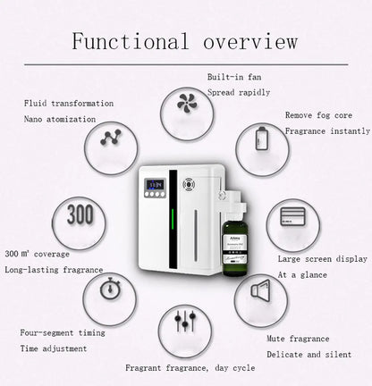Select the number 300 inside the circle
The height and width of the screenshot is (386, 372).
click(x=79, y=216)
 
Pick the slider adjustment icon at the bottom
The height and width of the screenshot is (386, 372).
click(x=185, y=322)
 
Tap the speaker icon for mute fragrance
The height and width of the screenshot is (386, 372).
click(x=260, y=290)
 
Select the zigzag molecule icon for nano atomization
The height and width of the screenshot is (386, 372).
click(x=111, y=138)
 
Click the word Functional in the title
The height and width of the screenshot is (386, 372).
click(x=131, y=42)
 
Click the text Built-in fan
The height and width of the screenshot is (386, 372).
click(x=234, y=78)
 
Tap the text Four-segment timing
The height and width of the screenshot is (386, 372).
click(x=63, y=332)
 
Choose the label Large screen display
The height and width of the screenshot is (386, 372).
click(x=322, y=259)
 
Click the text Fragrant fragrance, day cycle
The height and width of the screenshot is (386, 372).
click(x=190, y=367)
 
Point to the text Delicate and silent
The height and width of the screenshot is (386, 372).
click(x=304, y=354)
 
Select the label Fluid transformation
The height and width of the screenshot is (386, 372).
click(x=69, y=104)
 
